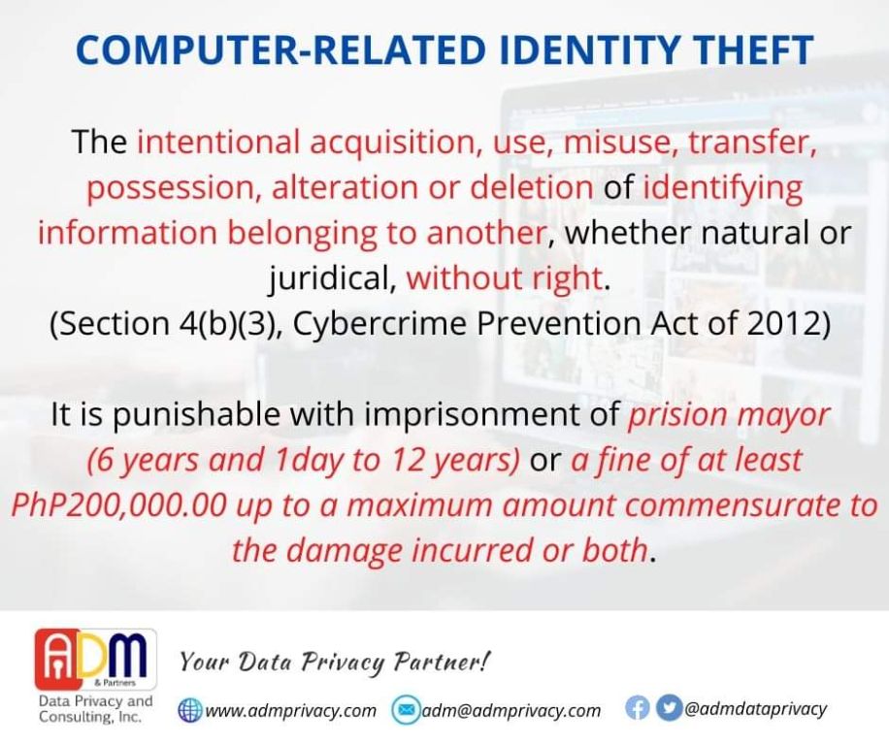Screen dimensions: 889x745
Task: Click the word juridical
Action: coord(331,278)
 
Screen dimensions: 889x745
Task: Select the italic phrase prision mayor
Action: coord(729,416)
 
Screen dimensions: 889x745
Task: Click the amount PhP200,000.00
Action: coord(119,505)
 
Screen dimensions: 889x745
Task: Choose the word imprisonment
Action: coord(490,414)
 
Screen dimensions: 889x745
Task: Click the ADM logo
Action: coord(96,659)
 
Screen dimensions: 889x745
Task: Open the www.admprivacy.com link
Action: coord(290,710)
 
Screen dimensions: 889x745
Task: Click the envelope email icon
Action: coord(405,710)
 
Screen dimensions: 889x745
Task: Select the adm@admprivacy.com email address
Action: coord(510,710)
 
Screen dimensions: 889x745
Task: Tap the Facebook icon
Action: coord(638,709)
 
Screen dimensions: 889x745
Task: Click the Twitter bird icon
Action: coord(668,709)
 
